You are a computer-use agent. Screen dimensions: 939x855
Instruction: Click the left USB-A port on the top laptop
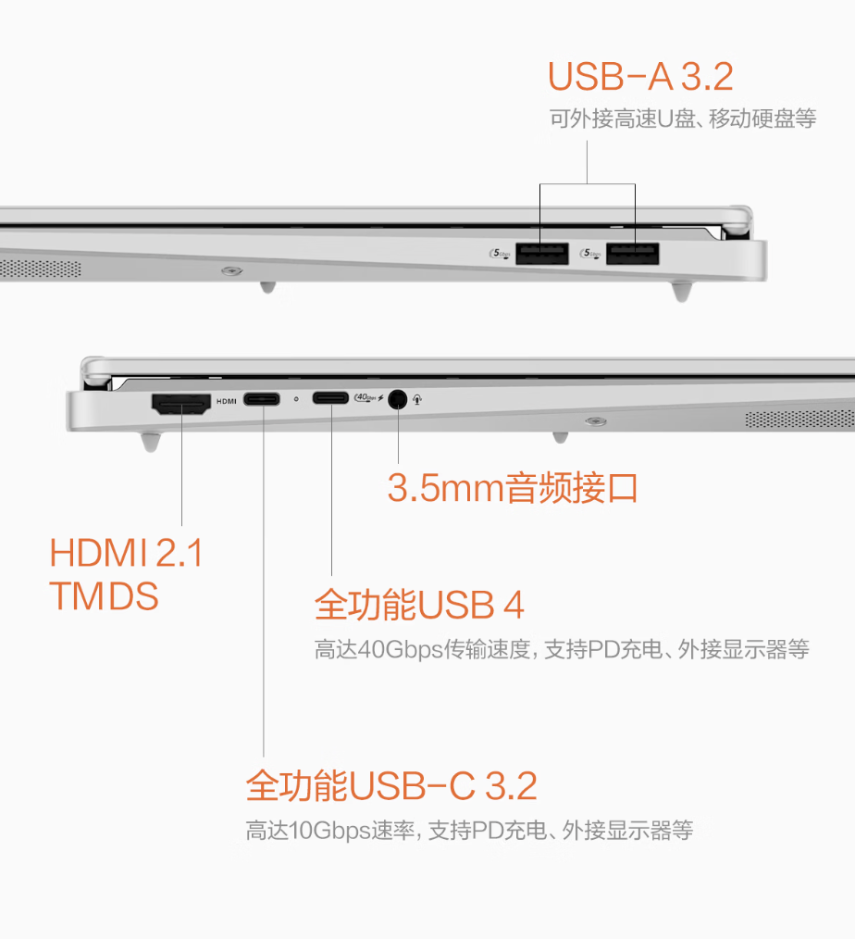click(x=541, y=253)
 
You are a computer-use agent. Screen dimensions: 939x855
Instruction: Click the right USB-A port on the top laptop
click(x=633, y=253)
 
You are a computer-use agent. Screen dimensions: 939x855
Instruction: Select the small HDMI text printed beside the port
click(x=227, y=401)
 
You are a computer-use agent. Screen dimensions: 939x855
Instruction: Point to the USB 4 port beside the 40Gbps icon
click(x=330, y=399)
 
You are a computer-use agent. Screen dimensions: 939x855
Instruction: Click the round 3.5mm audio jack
click(x=398, y=399)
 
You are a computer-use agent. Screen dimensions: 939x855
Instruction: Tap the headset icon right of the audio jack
click(x=419, y=400)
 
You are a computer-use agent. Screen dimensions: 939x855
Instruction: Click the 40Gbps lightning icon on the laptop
click(x=368, y=399)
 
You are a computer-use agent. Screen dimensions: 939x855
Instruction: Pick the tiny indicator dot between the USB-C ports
click(x=295, y=400)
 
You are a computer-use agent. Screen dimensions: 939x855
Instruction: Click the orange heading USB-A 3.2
click(x=640, y=77)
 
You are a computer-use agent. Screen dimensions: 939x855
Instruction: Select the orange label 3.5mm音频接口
click(x=513, y=488)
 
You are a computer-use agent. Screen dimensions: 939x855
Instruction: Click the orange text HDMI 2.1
click(x=126, y=554)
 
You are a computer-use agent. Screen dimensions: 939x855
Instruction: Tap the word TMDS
click(x=104, y=596)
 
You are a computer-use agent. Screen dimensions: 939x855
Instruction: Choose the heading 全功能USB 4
click(x=419, y=606)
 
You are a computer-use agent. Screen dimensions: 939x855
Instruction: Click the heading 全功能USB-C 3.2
click(x=390, y=786)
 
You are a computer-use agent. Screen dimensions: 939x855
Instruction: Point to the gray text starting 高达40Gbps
click(x=562, y=649)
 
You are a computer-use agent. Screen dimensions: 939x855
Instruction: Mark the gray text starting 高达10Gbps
click(x=469, y=830)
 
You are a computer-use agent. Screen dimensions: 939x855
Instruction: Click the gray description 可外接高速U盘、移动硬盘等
click(x=682, y=119)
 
